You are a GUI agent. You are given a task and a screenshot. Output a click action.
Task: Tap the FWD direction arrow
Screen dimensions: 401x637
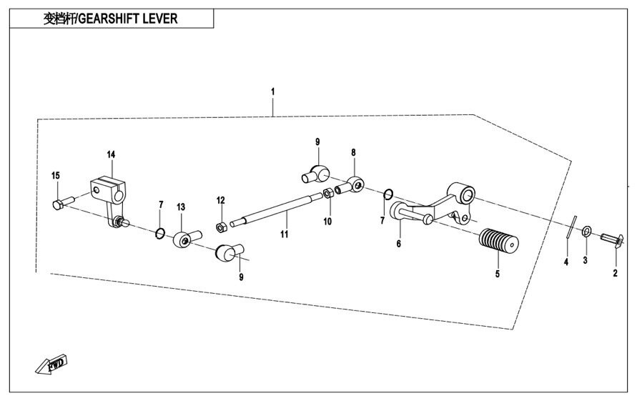52,364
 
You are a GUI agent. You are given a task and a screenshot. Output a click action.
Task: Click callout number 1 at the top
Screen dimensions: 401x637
272,91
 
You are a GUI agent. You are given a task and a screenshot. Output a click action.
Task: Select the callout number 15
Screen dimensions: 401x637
56,176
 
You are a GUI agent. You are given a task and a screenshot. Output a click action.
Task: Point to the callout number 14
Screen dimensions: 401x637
111,154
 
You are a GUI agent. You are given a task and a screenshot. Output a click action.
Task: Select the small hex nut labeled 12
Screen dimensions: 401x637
222,228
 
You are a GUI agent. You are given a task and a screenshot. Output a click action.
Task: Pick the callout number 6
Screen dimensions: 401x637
398,244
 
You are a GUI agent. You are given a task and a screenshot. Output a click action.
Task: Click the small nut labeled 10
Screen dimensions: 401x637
327,193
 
